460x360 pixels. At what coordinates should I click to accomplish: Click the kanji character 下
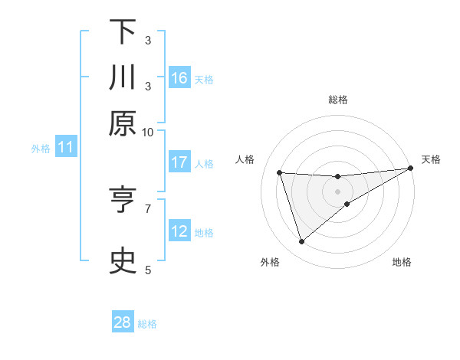click(123, 33)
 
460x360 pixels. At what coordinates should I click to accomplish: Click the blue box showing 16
click(179, 77)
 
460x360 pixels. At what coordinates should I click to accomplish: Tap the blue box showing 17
click(179, 162)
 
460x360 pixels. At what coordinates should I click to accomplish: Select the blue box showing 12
click(179, 231)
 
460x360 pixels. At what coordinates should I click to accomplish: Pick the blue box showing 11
click(65, 148)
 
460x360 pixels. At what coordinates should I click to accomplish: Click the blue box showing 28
click(123, 322)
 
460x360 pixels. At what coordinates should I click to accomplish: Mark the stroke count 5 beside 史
click(149, 269)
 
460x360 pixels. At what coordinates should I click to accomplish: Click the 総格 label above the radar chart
click(338, 100)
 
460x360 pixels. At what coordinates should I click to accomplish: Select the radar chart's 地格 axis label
click(402, 262)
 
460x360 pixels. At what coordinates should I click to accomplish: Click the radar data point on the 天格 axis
click(412, 169)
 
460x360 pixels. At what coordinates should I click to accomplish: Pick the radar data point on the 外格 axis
click(301, 242)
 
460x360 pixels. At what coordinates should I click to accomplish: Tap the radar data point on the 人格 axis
click(280, 172)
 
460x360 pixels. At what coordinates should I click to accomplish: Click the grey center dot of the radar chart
click(338, 191)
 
